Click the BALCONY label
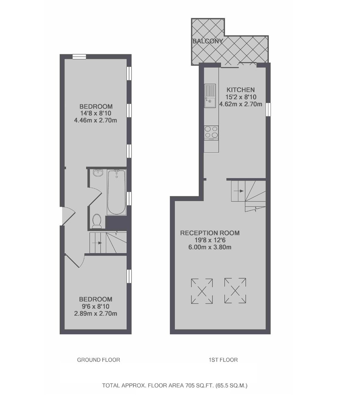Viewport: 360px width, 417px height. (208, 41)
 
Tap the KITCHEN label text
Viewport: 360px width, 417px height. (241, 90)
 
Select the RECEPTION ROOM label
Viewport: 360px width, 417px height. (210, 233)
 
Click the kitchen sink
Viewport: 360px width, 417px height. (210, 96)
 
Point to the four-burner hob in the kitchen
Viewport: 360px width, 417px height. (211, 133)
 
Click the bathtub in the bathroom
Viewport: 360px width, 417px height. (116, 192)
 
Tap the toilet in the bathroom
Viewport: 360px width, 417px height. (97, 221)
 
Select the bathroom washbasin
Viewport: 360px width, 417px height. (98, 173)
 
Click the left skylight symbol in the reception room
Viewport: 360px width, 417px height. (202, 291)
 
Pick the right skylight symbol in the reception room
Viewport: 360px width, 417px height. (235, 291)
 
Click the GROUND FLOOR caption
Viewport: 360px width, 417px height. (98, 360)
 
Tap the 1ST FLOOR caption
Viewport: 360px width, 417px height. (223, 360)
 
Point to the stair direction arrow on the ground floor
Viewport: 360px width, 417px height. (97, 243)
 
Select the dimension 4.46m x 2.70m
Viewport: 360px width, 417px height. (96, 120)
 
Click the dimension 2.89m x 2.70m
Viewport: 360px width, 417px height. (96, 314)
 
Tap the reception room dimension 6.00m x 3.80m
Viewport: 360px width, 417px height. (210, 247)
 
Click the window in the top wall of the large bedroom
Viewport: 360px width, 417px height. (79, 56)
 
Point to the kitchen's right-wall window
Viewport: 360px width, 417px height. (268, 109)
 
